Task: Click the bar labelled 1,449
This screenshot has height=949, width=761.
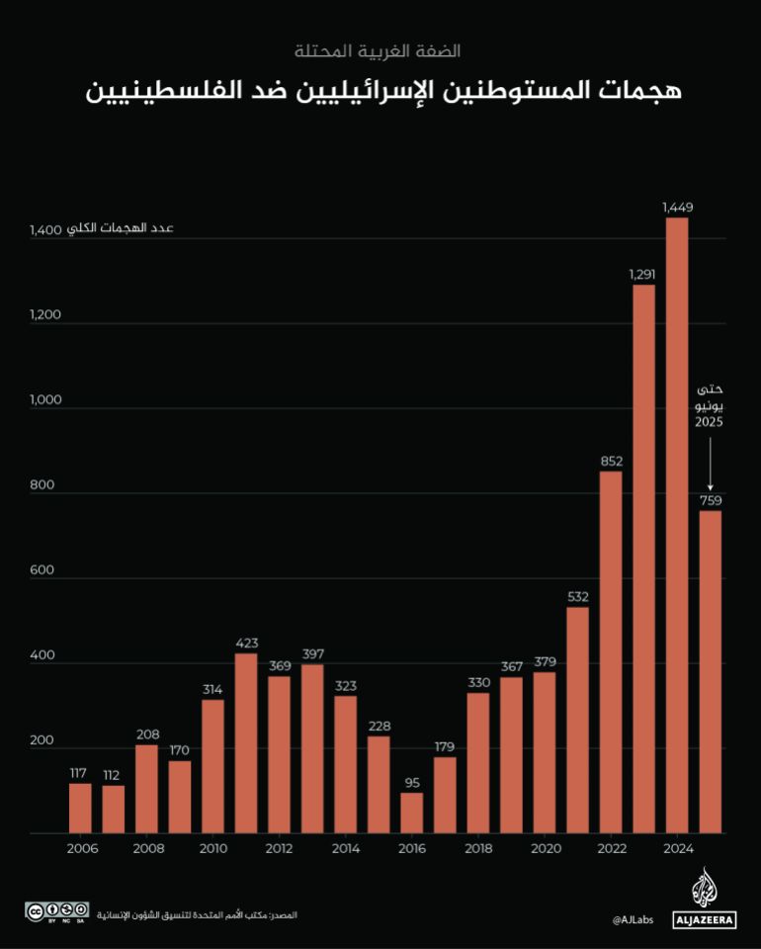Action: [677, 525]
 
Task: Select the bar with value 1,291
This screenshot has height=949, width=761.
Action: [643, 559]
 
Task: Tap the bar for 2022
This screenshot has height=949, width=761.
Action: [611, 652]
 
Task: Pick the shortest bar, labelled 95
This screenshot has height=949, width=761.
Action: [412, 813]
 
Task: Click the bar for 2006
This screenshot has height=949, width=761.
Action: [80, 808]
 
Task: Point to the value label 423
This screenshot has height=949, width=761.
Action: [246, 644]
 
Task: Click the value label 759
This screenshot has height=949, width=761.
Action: [710, 499]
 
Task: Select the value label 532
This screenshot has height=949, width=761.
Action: [578, 596]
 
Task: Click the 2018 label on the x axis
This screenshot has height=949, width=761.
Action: [478, 849]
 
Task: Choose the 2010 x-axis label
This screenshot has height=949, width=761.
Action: [212, 849]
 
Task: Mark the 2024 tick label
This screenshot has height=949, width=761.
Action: [677, 849]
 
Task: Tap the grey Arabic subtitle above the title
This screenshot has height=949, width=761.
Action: [379, 49]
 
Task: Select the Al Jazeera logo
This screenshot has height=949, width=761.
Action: [704, 899]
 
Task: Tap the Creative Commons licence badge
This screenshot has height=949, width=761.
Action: [57, 910]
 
